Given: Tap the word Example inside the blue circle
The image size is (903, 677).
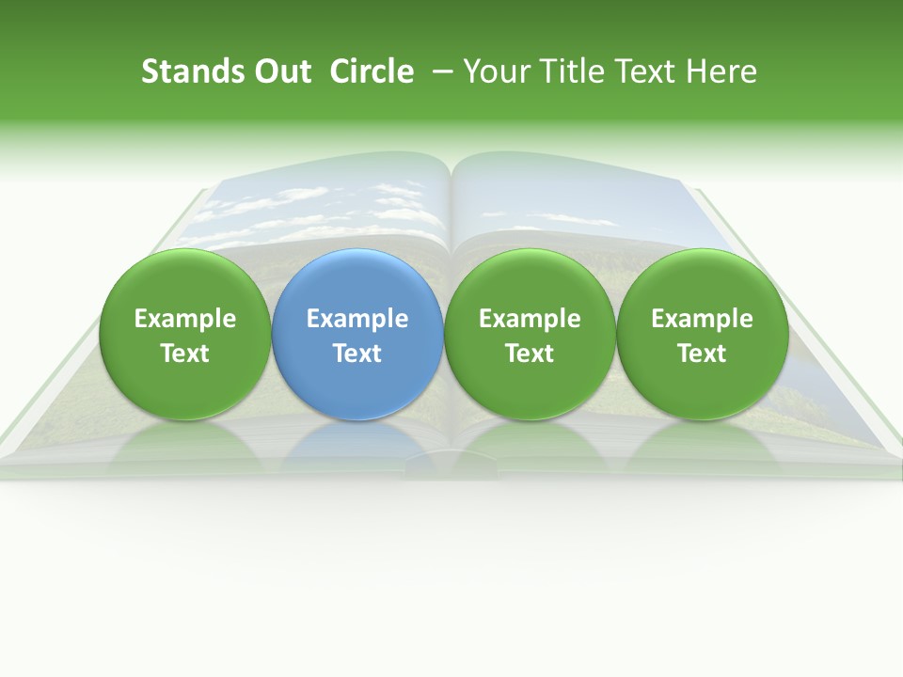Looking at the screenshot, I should point(357,319).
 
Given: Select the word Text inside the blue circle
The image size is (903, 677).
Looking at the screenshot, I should point(357,354).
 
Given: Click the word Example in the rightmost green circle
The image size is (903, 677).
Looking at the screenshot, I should point(703,319).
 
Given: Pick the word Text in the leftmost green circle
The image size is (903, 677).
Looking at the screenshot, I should point(185,354).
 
